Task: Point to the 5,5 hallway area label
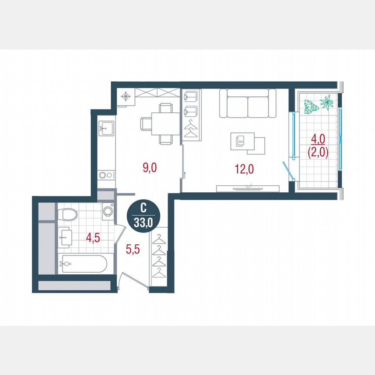pyautogui.click(x=133, y=250)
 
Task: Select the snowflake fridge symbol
pyautogui.click(x=126, y=97)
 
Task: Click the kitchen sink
pyautogui.click(x=106, y=127)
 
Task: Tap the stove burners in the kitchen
pyautogui.click(x=106, y=175)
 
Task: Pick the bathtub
pyautogui.click(x=83, y=264)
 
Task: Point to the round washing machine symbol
pyautogui.click(x=108, y=211)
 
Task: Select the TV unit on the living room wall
pyautogui.click(x=248, y=187)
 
